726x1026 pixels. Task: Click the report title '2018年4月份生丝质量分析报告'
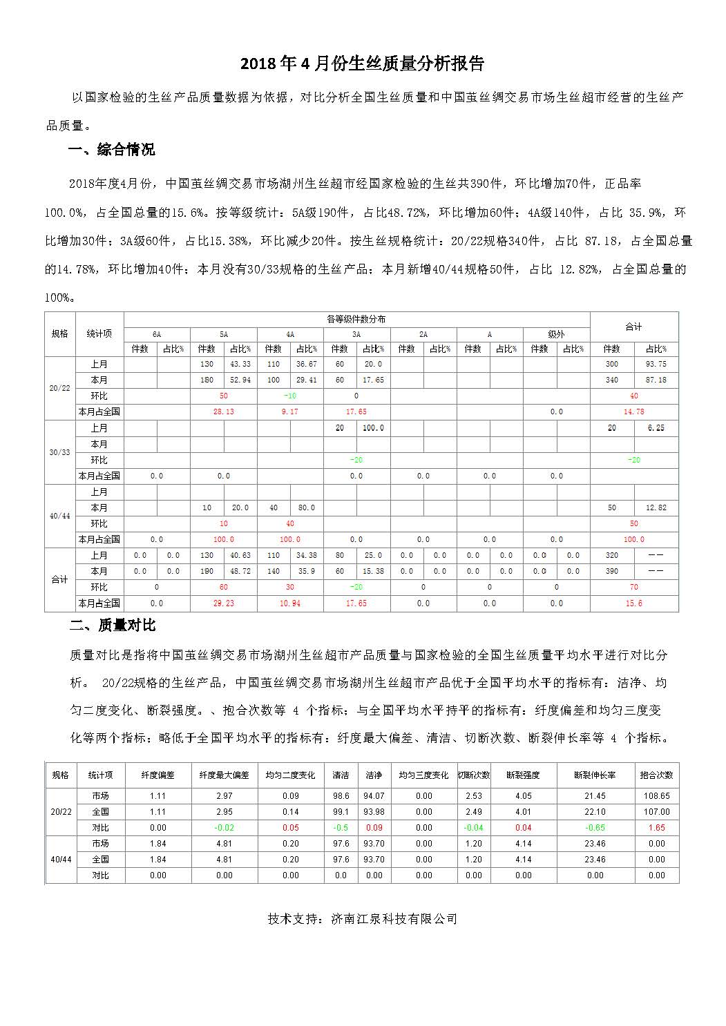pos(362,64)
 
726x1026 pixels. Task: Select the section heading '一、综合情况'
pos(112,150)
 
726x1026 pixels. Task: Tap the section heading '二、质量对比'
pos(113,626)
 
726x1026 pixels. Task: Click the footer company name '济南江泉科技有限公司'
pos(394,919)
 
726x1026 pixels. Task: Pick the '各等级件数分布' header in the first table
pos(356,320)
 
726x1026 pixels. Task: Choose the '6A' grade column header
pos(157,335)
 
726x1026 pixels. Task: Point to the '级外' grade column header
pos(556,335)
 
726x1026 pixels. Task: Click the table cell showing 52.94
pos(240,380)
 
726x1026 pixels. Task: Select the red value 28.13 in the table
pos(223,412)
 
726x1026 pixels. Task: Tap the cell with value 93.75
pos(656,365)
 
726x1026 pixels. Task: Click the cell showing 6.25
pos(656,429)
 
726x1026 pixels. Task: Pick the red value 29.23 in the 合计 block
pos(223,603)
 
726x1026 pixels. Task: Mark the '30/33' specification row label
pos(60,453)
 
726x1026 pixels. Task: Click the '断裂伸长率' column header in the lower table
pos(595,775)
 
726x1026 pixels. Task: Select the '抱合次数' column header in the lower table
pos(656,775)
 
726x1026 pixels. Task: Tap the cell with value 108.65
pos(656,796)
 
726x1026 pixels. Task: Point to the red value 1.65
pos(656,828)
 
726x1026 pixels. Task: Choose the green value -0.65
pos(595,828)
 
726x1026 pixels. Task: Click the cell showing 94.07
pos(374,796)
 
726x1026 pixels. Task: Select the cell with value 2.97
pos(224,796)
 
